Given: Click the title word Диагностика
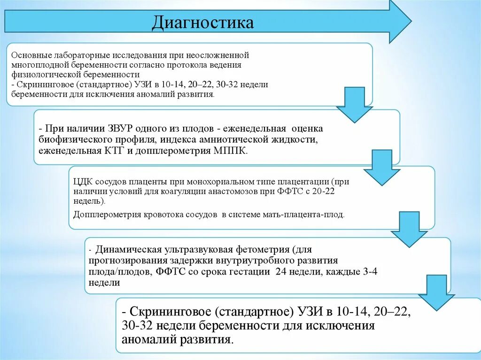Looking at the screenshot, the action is (202, 23).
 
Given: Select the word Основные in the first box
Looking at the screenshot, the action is (29, 55).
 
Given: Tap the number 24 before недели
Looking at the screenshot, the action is (279, 272).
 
